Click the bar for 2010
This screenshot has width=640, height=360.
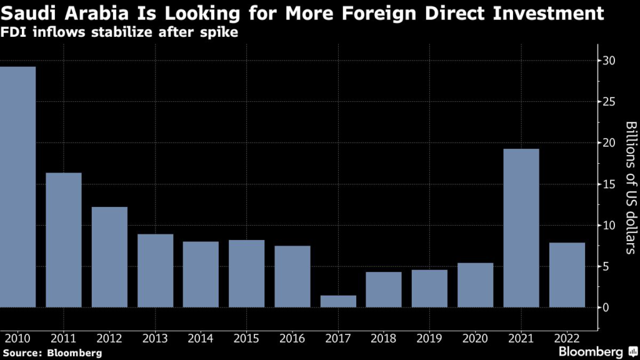[17, 187]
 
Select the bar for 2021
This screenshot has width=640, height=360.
[521, 228]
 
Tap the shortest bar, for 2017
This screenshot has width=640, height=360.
[338, 301]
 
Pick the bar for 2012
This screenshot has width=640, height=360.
[109, 257]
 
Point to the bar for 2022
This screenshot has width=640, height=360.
[567, 275]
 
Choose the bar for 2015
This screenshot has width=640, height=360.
[246, 274]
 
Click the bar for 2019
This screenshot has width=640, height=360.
[429, 288]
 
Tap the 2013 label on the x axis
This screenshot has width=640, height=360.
[155, 339]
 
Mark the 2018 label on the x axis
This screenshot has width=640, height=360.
[384, 339]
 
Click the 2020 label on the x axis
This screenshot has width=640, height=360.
[475, 339]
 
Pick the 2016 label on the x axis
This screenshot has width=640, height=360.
[292, 339]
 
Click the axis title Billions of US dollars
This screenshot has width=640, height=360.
[631, 187]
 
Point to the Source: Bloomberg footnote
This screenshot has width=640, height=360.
[51, 353]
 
